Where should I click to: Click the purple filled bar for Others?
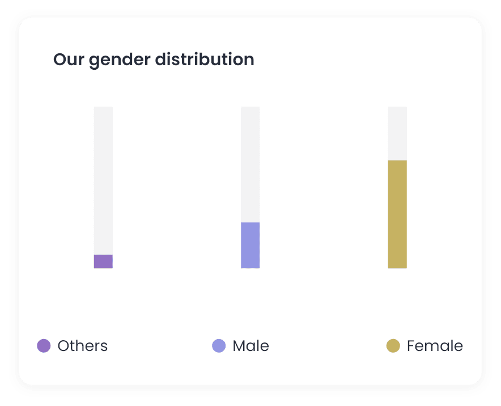pos(103,261)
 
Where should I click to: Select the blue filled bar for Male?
pos(250,245)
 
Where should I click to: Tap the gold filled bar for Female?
pos(397,214)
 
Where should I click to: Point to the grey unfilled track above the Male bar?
pos(250,164)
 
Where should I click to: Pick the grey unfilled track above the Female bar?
pos(397,133)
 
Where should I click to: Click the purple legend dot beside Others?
pos(44,345)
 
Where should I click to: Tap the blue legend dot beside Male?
pos(219,345)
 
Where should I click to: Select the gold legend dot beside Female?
pos(393,345)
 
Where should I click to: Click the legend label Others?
pos(83,345)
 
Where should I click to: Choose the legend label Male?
pos(250,345)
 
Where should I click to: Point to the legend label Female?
pos(435,345)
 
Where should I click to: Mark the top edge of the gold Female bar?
pos(397,161)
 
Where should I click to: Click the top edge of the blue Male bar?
pos(250,223)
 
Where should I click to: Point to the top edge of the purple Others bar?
pos(103,255)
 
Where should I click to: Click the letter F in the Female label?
pos(411,345)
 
